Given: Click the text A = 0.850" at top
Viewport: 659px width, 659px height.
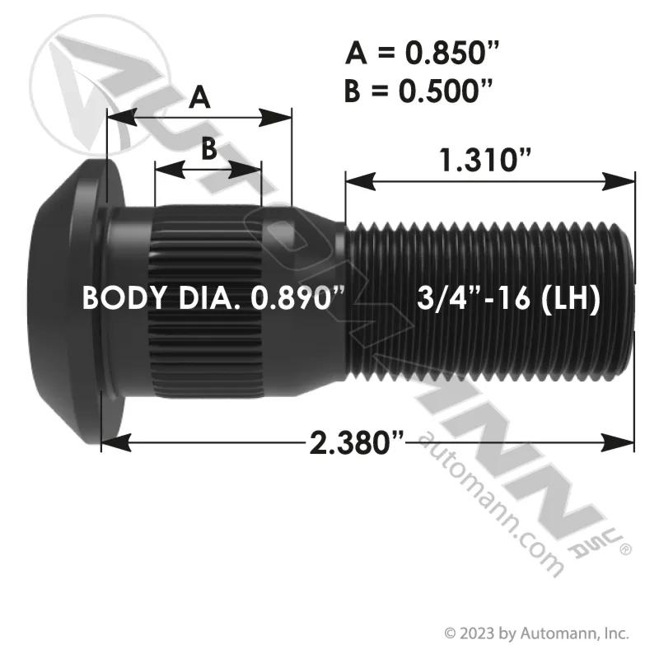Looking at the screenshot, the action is [x=422, y=53].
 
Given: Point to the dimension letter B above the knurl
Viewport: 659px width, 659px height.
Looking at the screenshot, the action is [x=209, y=148].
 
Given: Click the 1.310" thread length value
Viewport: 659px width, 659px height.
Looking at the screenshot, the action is [x=485, y=160].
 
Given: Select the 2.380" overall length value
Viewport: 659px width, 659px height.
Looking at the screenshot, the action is [x=357, y=442].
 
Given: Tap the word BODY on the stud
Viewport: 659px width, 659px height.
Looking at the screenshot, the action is [x=124, y=298].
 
